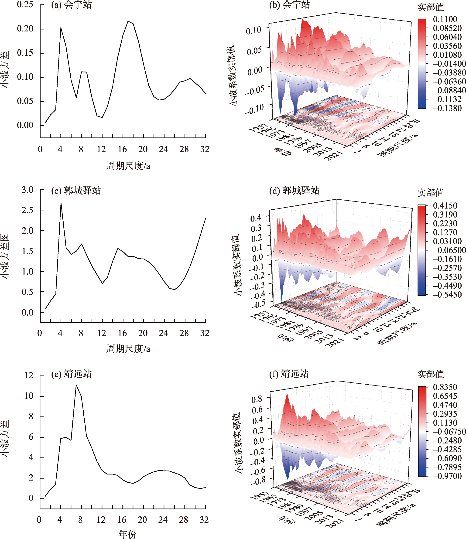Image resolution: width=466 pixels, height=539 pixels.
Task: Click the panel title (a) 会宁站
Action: click(71, 5)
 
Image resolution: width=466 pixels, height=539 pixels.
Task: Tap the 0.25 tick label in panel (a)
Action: click(25, 4)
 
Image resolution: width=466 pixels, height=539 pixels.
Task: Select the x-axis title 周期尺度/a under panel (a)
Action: click(128, 166)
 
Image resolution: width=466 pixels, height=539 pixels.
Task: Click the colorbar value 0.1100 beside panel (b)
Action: click(445, 19)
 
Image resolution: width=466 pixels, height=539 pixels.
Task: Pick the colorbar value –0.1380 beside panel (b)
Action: click(447, 108)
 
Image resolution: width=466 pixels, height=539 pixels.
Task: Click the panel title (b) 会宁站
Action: click(289, 5)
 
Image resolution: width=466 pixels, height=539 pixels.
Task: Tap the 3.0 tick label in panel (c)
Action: click(27, 190)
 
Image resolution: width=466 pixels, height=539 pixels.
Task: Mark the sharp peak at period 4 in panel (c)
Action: click(61, 203)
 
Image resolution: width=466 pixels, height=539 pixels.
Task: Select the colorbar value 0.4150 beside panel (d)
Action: click(445, 205)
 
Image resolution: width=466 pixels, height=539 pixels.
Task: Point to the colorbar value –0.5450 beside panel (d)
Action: click(447, 294)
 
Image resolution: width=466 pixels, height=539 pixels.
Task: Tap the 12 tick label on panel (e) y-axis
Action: click(29, 375)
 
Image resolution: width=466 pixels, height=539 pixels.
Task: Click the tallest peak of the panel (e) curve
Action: click(76, 385)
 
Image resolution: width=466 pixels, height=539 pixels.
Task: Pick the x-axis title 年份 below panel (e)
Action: click(127, 534)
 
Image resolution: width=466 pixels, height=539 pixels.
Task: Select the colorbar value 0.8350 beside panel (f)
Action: click(445, 387)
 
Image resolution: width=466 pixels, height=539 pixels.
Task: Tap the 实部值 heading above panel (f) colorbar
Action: click(430, 374)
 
